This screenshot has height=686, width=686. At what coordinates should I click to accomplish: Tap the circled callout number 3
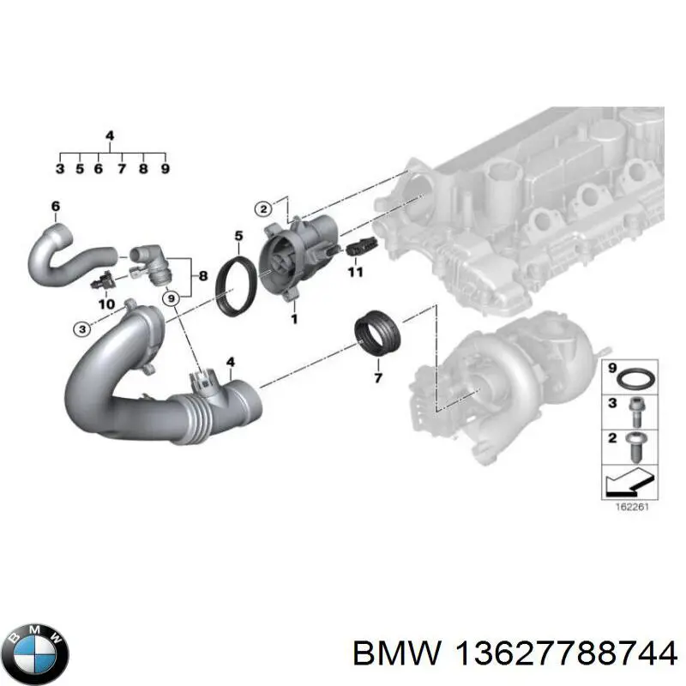pos(81,329)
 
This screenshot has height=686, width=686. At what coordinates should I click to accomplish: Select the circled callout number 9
pos(171,299)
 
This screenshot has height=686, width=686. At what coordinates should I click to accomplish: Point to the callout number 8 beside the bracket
pos(202,276)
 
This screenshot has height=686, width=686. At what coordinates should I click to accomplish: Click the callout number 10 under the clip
pos(106,304)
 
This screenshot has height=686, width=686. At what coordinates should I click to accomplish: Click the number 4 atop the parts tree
pos(109,135)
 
